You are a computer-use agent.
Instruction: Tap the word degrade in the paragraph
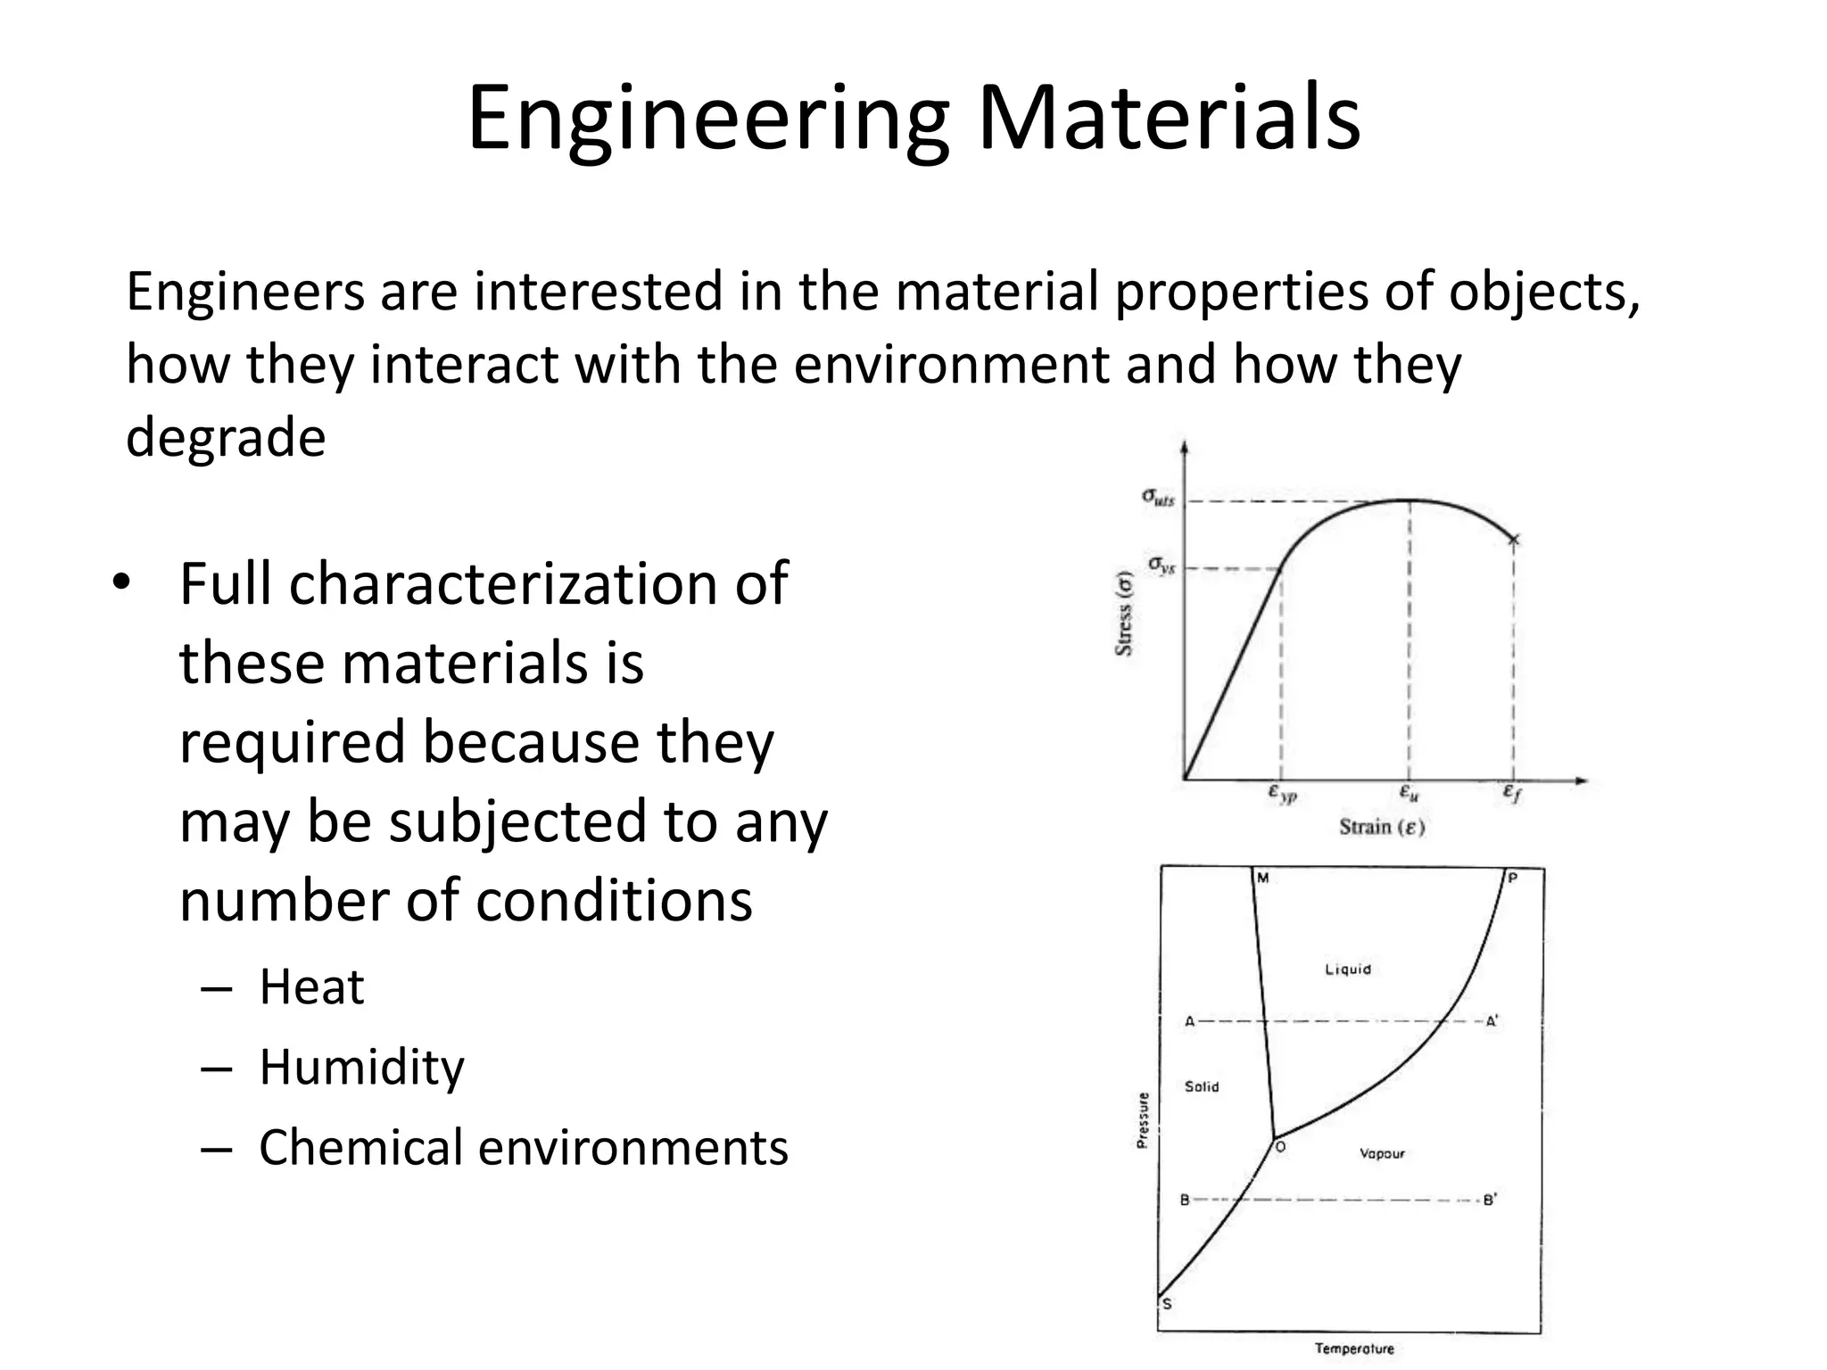pyautogui.click(x=226, y=438)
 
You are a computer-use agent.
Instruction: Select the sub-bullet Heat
pyautogui.click(x=311, y=987)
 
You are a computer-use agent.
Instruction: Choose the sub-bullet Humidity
pyautogui.click(x=361, y=1067)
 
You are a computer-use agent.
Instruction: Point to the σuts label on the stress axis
pyautogui.click(x=1158, y=497)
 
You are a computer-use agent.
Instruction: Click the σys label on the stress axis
pyautogui.click(x=1161, y=565)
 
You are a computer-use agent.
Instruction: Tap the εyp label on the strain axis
pyautogui.click(x=1282, y=793)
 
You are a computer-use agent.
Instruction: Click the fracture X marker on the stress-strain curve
pyautogui.click(x=1513, y=540)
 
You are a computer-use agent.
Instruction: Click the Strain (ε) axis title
pyautogui.click(x=1382, y=828)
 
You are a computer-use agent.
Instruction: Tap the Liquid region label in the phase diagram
pyautogui.click(x=1347, y=970)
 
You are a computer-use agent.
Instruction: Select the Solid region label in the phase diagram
pyautogui.click(x=1202, y=1086)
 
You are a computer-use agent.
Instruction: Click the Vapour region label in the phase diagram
pyautogui.click(x=1382, y=1154)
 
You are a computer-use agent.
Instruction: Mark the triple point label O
pyautogui.click(x=1280, y=1147)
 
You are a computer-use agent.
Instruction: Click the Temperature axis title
pyautogui.click(x=1353, y=1349)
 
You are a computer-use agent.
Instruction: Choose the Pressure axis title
pyautogui.click(x=1143, y=1120)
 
